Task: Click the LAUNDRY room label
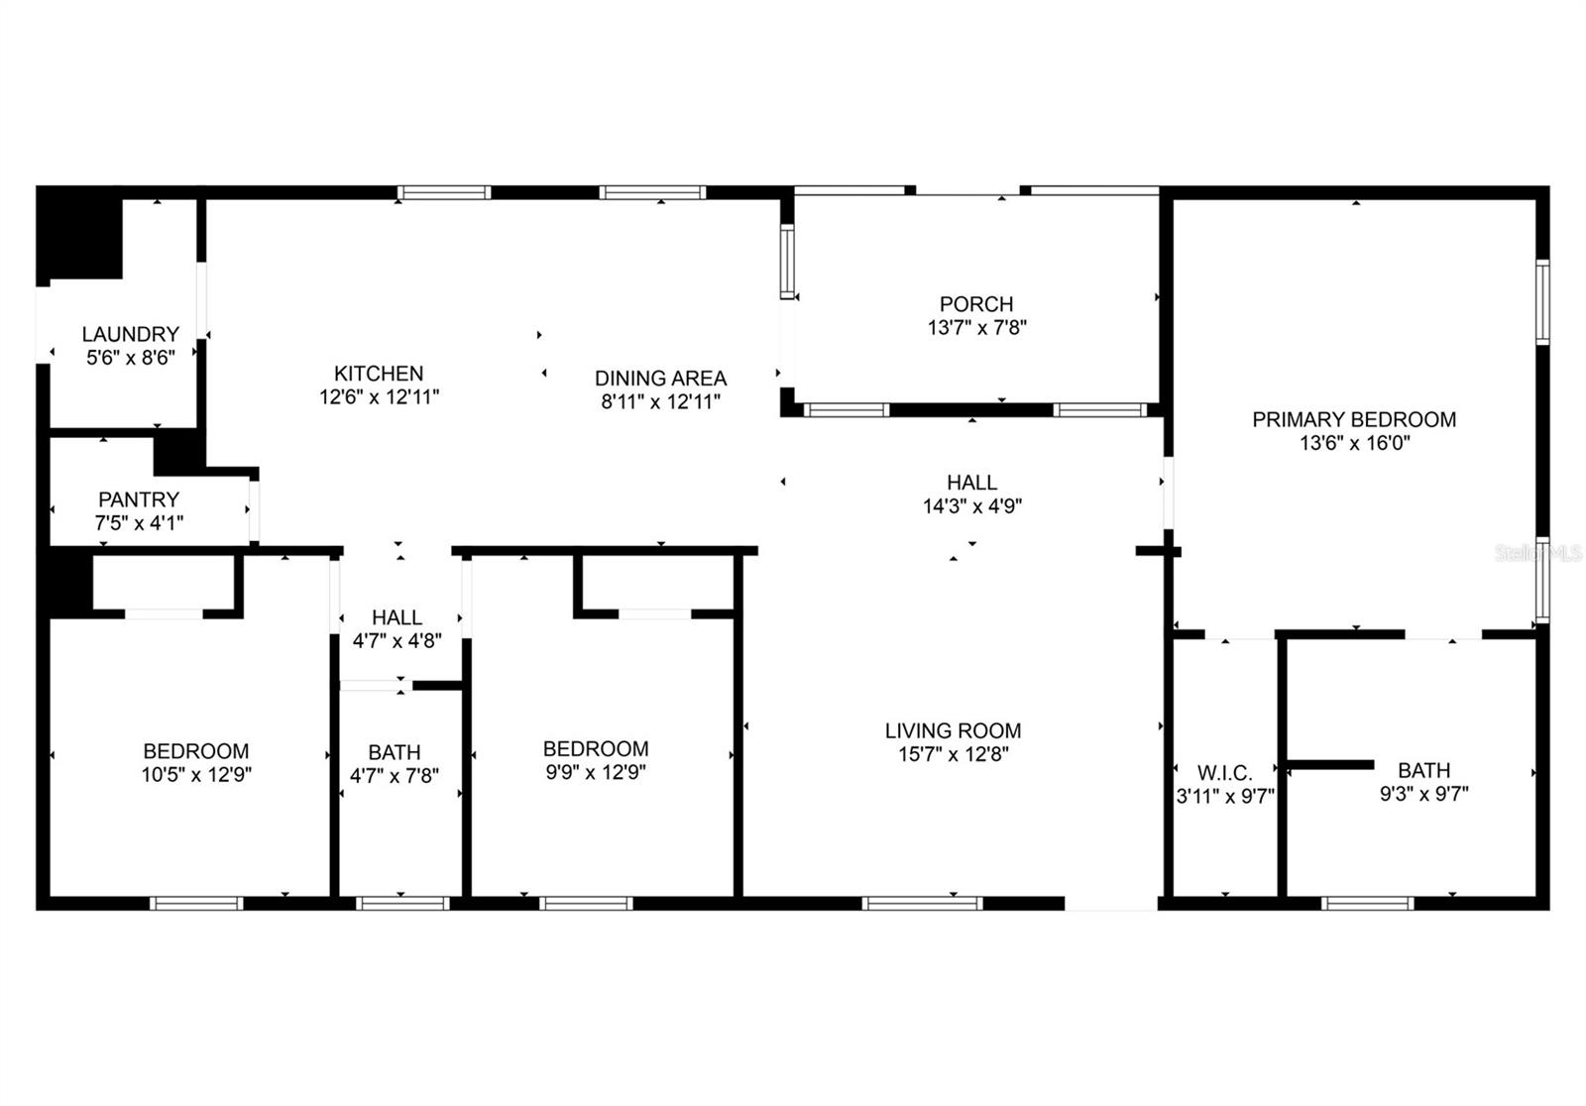[x=130, y=335]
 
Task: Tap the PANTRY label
[x=139, y=500]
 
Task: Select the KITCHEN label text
[x=379, y=374]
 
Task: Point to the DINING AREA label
[x=660, y=379]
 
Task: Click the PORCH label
[x=976, y=304]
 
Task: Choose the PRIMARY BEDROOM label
[x=1354, y=419]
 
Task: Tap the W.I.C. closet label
[x=1225, y=772]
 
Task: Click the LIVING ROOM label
[x=953, y=731]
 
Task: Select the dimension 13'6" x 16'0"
[x=1354, y=443]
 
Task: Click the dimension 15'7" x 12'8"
[x=953, y=755]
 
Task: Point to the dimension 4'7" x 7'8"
[x=395, y=776]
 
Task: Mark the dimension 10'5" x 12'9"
[x=196, y=775]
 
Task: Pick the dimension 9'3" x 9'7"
[x=1423, y=794]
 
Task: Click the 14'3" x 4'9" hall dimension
[x=971, y=506]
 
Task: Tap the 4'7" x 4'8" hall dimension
[x=396, y=641]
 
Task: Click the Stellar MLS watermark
[x=1539, y=553]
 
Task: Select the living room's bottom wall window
[x=922, y=903]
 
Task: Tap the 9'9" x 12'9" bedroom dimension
[x=596, y=773]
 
